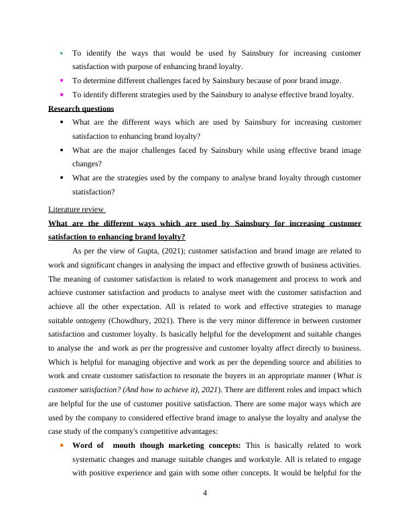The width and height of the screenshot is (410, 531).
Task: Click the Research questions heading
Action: [81, 109]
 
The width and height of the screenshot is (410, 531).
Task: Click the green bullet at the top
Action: [62, 52]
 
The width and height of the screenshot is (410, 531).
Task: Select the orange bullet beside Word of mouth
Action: [62, 445]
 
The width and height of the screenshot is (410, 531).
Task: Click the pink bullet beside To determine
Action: [62, 80]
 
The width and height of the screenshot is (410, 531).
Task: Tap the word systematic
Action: [91, 459]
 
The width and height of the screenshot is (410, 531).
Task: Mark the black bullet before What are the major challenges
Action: [62, 151]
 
